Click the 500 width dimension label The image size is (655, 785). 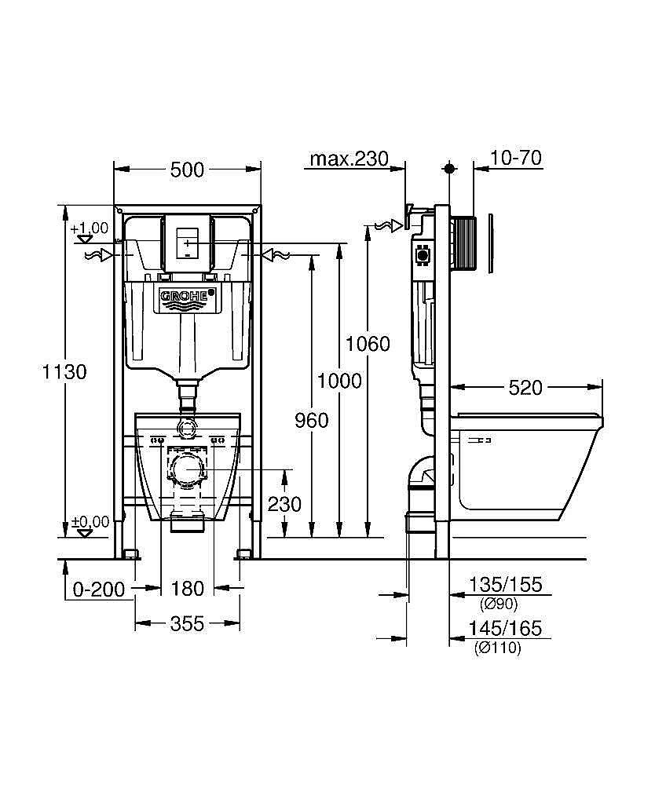(187, 169)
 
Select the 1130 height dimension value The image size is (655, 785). (64, 371)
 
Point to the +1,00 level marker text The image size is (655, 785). (89, 228)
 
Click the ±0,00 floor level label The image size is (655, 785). (89, 521)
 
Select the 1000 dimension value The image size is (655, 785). (339, 381)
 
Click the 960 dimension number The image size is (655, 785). (311, 421)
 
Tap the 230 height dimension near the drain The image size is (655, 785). (284, 504)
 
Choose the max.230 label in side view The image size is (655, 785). (349, 159)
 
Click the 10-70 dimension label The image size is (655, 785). (515, 159)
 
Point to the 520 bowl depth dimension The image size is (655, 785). (525, 388)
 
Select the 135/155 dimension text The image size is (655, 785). (506, 585)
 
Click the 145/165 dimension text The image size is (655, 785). (506, 629)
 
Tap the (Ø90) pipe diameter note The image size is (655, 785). (498, 604)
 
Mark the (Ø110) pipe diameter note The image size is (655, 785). (498, 648)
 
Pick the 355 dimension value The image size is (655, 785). (187, 623)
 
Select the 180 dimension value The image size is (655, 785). (187, 589)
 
